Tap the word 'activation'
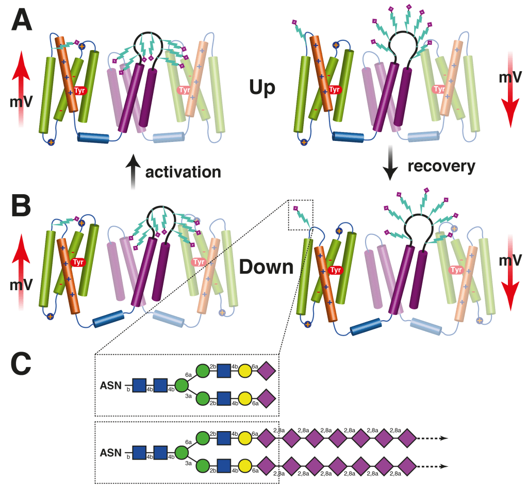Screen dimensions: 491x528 tap(183, 171)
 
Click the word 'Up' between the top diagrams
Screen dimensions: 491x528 tap(262, 87)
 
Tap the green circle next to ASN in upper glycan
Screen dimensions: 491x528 tap(181, 385)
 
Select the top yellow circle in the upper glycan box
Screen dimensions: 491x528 tap(244, 371)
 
